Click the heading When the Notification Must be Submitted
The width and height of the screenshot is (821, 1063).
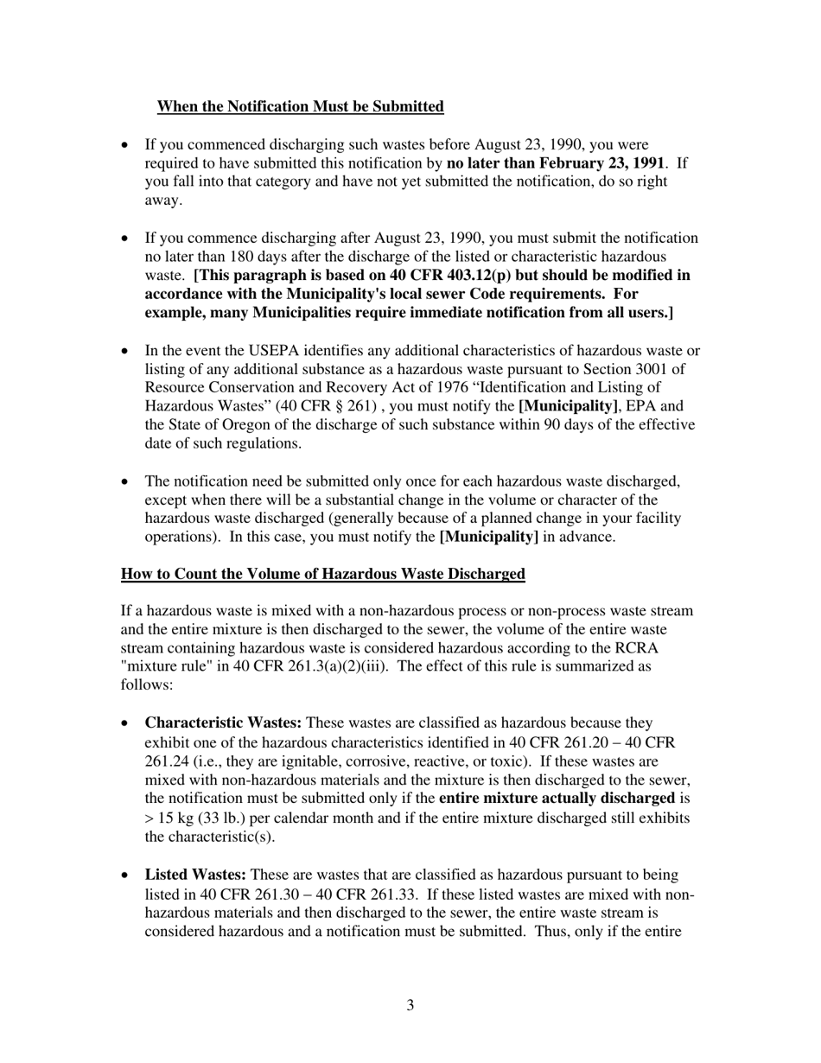point(300,106)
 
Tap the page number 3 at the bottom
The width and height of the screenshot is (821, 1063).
point(410,1005)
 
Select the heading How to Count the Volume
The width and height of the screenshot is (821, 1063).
point(322,574)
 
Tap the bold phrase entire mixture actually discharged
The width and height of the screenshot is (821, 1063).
point(557,798)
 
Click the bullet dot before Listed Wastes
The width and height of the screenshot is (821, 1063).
point(127,875)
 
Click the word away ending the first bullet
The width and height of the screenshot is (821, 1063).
point(163,201)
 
